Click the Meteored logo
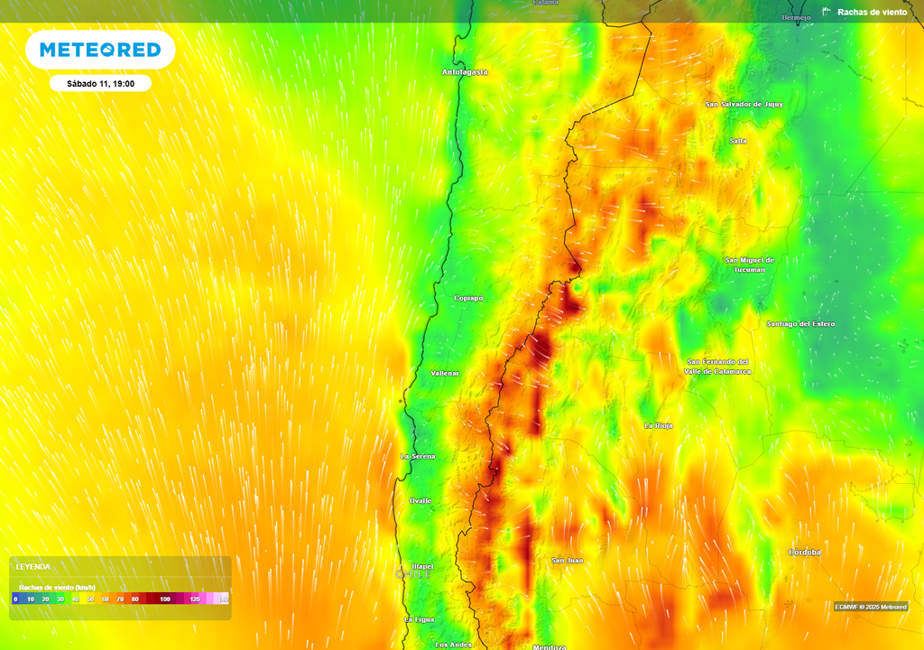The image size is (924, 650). pyautogui.click(x=100, y=50)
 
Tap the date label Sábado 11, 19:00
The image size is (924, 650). pyautogui.click(x=100, y=83)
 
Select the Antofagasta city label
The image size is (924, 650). pyautogui.click(x=465, y=71)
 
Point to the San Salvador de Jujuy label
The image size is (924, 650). pyautogui.click(x=744, y=104)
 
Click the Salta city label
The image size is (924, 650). pyautogui.click(x=738, y=141)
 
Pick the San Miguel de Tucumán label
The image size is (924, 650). pyautogui.click(x=749, y=265)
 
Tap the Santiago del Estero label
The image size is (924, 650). pyautogui.click(x=800, y=323)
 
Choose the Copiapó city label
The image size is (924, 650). pyautogui.click(x=468, y=298)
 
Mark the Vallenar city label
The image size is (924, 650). pyautogui.click(x=445, y=373)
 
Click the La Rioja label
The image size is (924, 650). pyautogui.click(x=659, y=424)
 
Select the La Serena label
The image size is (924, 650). pyautogui.click(x=418, y=457)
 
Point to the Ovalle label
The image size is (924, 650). pyautogui.click(x=420, y=500)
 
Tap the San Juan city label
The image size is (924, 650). pyautogui.click(x=567, y=560)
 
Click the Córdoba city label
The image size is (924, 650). pyautogui.click(x=804, y=552)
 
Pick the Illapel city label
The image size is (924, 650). pyautogui.click(x=422, y=567)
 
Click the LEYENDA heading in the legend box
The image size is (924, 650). pyautogui.click(x=33, y=566)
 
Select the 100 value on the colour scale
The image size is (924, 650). pyautogui.click(x=164, y=599)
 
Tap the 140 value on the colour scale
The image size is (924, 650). pyautogui.click(x=222, y=599)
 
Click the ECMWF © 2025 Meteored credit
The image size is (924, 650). pyautogui.click(x=870, y=607)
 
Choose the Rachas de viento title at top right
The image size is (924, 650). pyautogui.click(x=872, y=12)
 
